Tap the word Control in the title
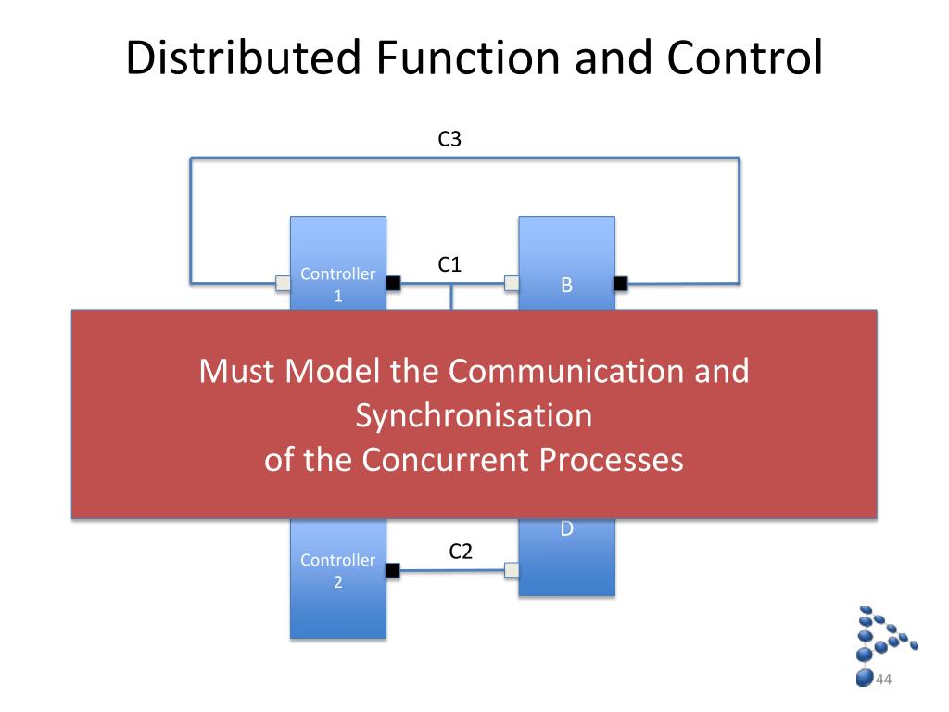point(747,58)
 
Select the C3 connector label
point(449,139)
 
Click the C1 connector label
point(449,264)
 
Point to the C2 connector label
point(461,552)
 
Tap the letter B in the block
point(566,286)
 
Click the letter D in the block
point(566,529)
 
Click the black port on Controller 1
point(393,283)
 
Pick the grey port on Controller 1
point(284,283)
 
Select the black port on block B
point(620,283)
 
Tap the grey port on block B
point(512,283)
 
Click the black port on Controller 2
point(393,570)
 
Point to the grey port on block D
point(512,570)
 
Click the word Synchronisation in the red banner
point(474,415)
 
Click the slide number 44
point(883,680)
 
